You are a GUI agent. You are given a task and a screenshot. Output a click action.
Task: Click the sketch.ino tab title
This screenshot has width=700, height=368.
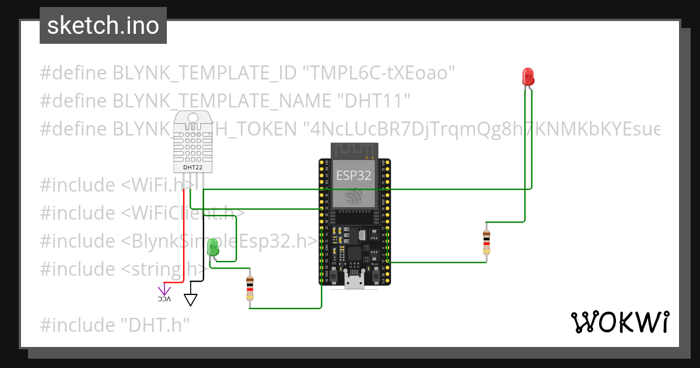(x=103, y=26)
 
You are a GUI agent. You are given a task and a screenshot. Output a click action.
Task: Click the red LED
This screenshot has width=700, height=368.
(x=527, y=77)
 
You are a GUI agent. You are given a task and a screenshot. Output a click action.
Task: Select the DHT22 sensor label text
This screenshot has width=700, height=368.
(x=192, y=168)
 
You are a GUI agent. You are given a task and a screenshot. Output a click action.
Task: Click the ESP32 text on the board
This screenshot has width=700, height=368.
(x=353, y=176)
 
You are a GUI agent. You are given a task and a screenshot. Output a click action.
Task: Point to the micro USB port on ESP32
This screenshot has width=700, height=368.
(x=353, y=282)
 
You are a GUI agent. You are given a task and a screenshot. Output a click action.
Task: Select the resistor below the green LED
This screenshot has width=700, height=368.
(x=250, y=289)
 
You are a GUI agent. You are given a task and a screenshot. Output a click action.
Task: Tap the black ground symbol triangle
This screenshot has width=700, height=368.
(x=191, y=300)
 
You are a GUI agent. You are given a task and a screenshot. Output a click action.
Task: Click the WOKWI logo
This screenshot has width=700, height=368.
(x=619, y=322)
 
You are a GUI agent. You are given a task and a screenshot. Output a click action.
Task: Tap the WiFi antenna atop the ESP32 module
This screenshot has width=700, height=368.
(x=353, y=151)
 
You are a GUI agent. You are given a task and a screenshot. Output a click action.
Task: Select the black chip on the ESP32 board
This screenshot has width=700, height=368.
(x=354, y=254)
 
